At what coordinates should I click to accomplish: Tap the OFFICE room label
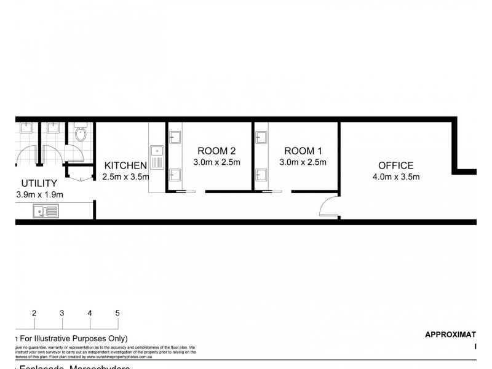[x=395, y=165]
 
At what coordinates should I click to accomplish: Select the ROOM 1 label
[x=301, y=151]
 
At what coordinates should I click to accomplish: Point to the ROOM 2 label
[x=216, y=151]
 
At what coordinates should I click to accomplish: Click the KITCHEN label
[x=125, y=165]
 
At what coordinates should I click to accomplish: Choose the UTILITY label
[x=39, y=183]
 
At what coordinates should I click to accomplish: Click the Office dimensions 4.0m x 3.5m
[x=395, y=178]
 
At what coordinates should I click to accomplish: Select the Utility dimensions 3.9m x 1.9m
[x=41, y=195]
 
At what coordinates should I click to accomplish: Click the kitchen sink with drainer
[x=156, y=156]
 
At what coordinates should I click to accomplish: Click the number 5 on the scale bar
[x=117, y=312]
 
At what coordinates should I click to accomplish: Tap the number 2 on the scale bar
[x=34, y=312]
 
